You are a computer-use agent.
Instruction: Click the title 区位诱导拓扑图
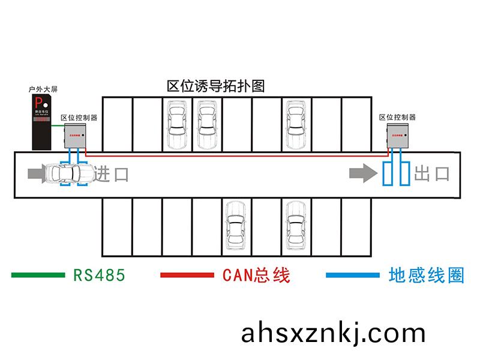click(x=215, y=86)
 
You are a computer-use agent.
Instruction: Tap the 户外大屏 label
click(x=43, y=89)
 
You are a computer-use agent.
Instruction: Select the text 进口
click(x=112, y=174)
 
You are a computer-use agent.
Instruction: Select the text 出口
click(x=432, y=174)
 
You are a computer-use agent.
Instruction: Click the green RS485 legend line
click(x=38, y=275)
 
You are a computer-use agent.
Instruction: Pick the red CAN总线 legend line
click(x=187, y=275)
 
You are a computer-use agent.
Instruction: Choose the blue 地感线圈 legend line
click(x=353, y=275)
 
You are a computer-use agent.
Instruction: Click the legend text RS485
click(x=99, y=275)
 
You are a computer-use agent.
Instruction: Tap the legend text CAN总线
click(x=256, y=275)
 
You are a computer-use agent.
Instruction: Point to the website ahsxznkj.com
click(x=334, y=332)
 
